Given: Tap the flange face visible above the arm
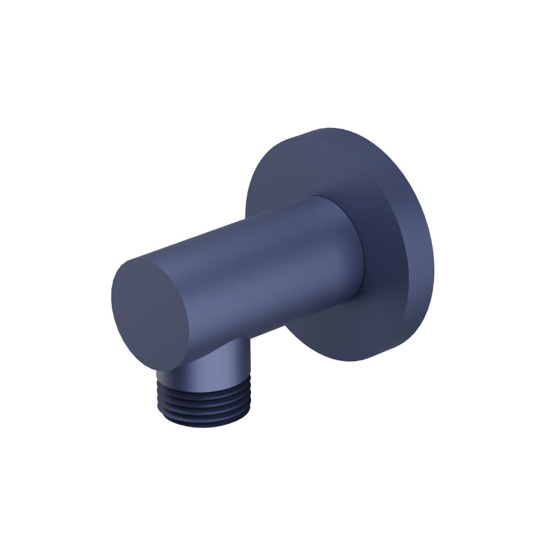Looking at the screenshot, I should point(309,165).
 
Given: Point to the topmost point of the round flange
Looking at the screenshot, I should point(325,129).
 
